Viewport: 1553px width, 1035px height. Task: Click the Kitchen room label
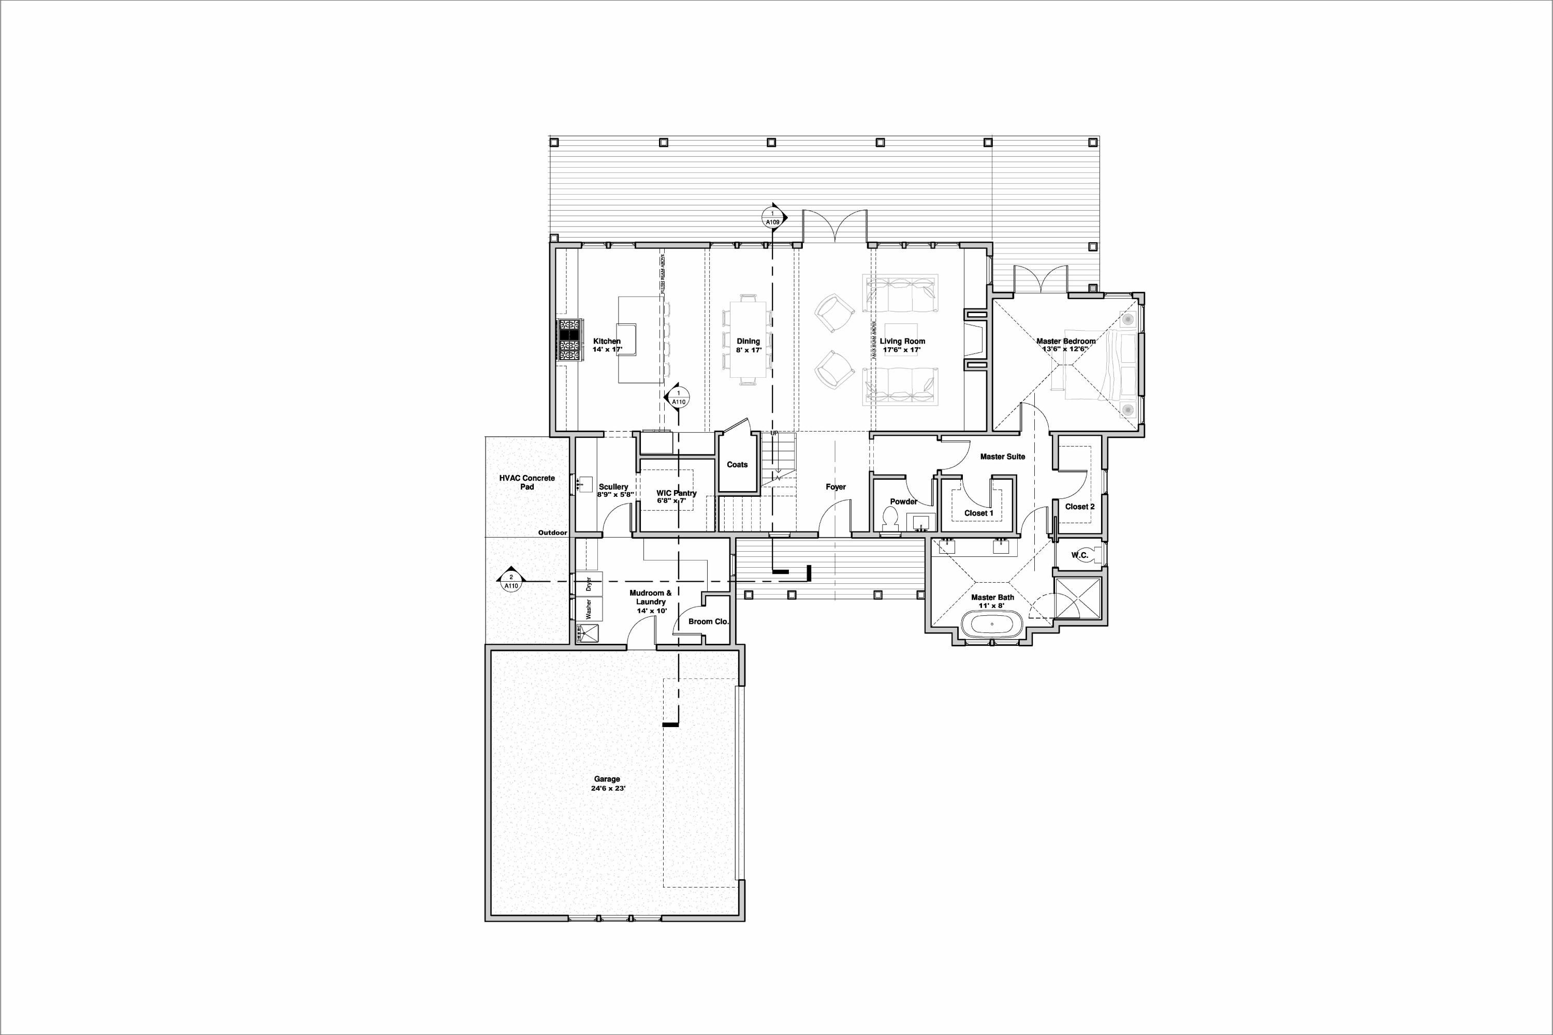[x=606, y=341]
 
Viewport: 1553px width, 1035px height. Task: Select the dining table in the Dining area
[x=748, y=340]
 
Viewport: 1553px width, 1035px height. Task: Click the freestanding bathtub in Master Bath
[x=992, y=624]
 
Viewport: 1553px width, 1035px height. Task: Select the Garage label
[x=606, y=779]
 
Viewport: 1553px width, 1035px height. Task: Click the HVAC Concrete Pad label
[x=527, y=482]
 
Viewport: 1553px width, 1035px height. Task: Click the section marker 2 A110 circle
[x=510, y=581]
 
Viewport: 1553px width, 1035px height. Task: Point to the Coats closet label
[x=737, y=465]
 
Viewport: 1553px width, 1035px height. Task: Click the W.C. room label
[x=1079, y=555]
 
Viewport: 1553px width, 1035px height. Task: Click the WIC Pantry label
[x=676, y=493]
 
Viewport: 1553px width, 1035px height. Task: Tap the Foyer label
[x=836, y=486]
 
